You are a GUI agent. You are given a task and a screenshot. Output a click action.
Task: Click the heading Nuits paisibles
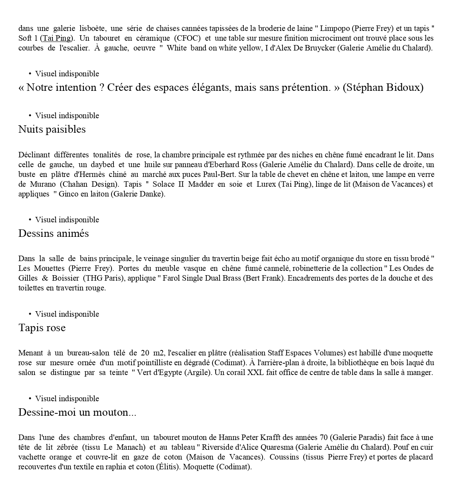pyautogui.click(x=52, y=130)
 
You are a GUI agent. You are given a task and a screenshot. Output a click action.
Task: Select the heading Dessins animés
pyautogui.click(x=54, y=234)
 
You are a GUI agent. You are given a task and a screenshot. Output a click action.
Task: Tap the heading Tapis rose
pyautogui.click(x=42, y=328)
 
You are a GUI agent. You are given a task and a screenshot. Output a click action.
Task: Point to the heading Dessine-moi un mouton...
pyautogui.click(x=77, y=413)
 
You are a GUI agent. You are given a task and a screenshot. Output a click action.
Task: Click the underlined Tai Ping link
pyautogui.click(x=57, y=38)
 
